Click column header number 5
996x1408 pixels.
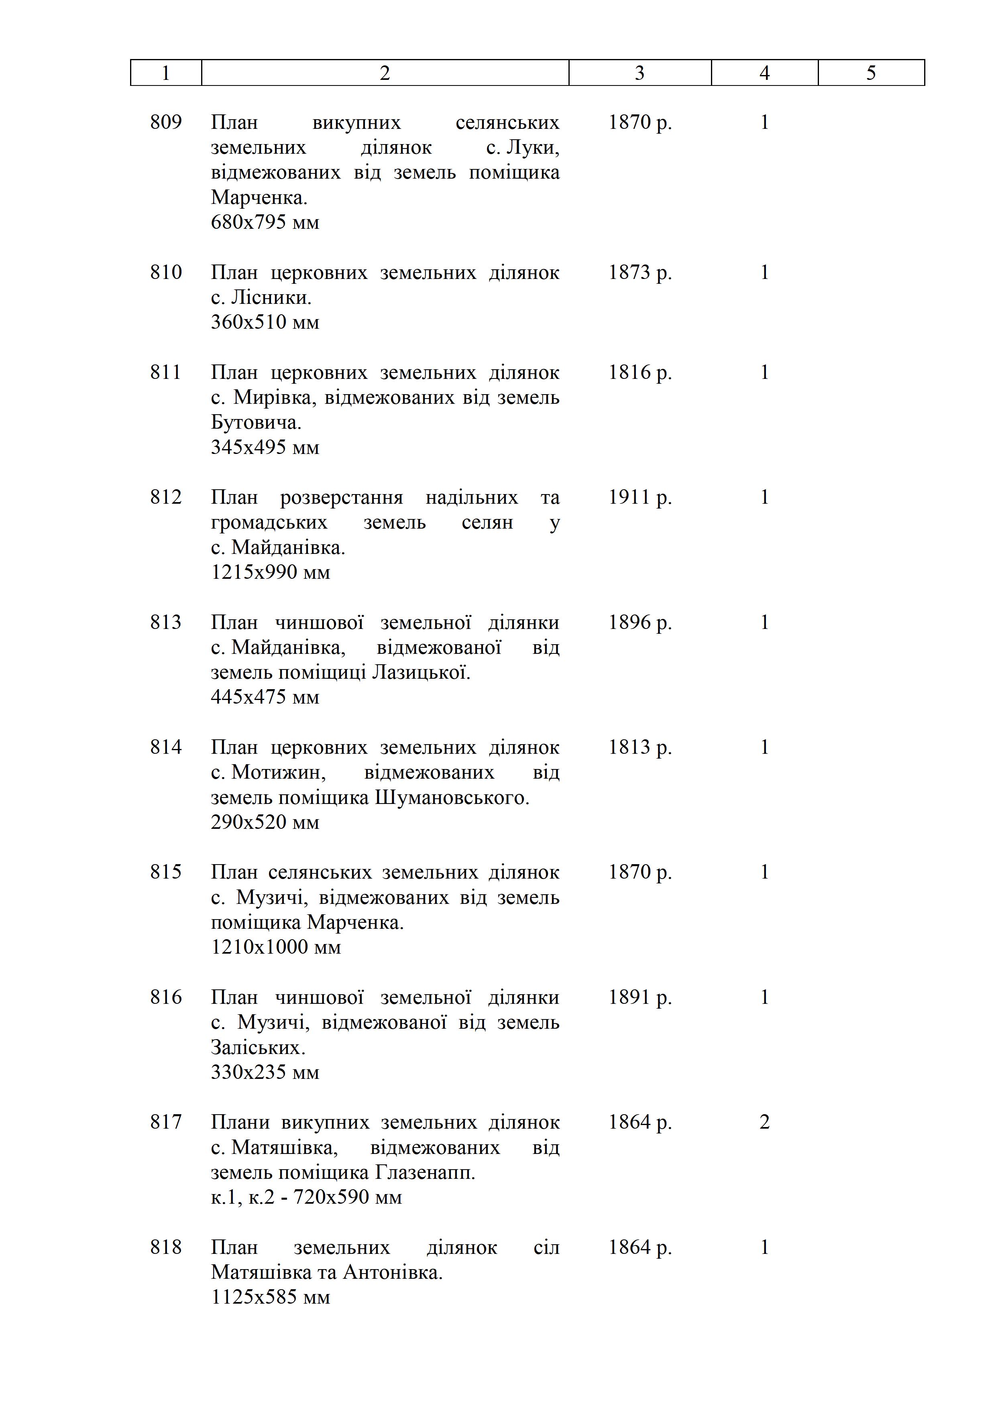tap(871, 73)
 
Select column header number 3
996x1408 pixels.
tap(640, 73)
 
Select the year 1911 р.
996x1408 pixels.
tap(640, 497)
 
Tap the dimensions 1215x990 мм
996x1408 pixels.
tap(271, 572)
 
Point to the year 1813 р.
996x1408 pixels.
tap(640, 747)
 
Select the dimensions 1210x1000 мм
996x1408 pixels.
tap(276, 948)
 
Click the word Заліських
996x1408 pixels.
tap(258, 1048)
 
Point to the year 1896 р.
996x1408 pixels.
tap(640, 623)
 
